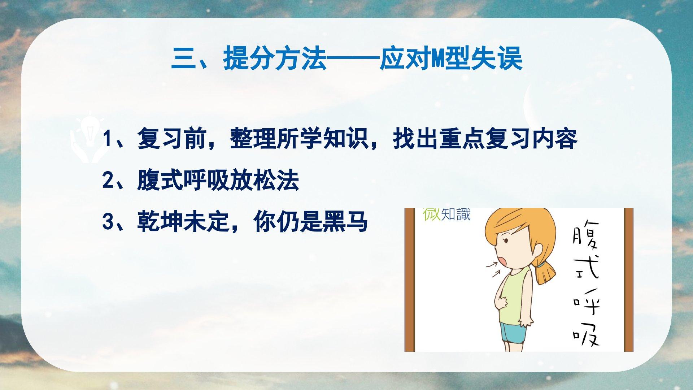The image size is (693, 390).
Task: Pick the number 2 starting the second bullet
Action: click(x=108, y=181)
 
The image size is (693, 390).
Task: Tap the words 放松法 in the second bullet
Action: click(x=265, y=181)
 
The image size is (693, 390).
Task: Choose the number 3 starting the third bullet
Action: click(x=108, y=222)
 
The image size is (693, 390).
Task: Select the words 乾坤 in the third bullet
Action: click(x=160, y=222)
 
